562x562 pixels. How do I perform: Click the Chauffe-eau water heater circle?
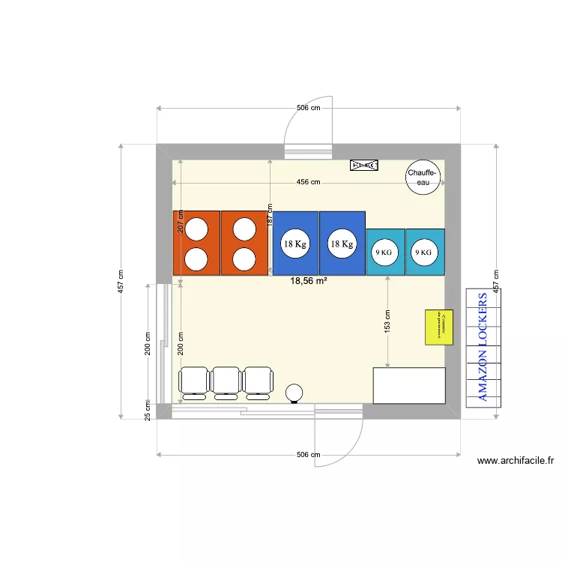tap(423, 178)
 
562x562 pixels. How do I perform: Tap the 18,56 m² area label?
tap(308, 281)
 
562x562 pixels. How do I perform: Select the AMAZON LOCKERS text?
tap(484, 346)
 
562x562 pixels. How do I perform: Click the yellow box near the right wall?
tap(439, 327)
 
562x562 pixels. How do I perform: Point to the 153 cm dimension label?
tap(387, 324)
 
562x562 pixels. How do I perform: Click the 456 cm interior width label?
tap(308, 182)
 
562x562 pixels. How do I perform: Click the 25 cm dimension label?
tap(148, 411)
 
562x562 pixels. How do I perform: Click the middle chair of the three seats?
tap(226, 381)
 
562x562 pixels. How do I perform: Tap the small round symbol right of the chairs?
tap(295, 392)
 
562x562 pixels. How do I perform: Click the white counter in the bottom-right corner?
tap(409, 385)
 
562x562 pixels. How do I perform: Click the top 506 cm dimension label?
tap(308, 108)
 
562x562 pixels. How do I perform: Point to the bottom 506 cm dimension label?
tap(308, 455)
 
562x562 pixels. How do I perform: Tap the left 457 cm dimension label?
tap(121, 282)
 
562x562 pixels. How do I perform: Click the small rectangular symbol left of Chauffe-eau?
tap(365, 165)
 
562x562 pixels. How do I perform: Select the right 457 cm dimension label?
tap(495, 282)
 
